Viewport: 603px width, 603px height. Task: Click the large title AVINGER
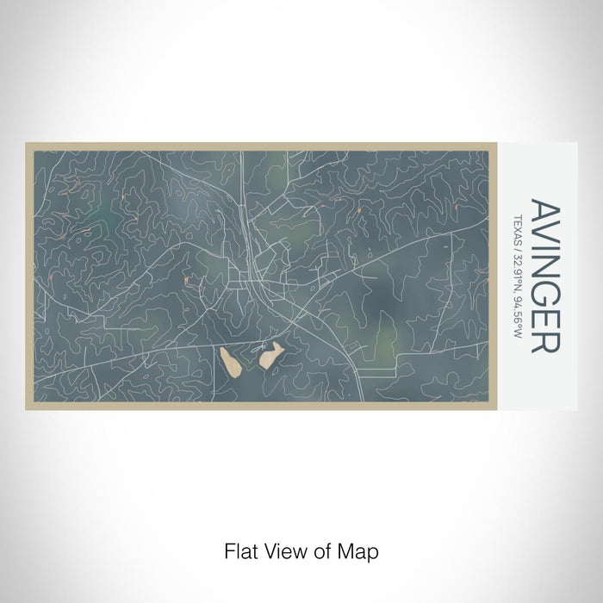[545, 276]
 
